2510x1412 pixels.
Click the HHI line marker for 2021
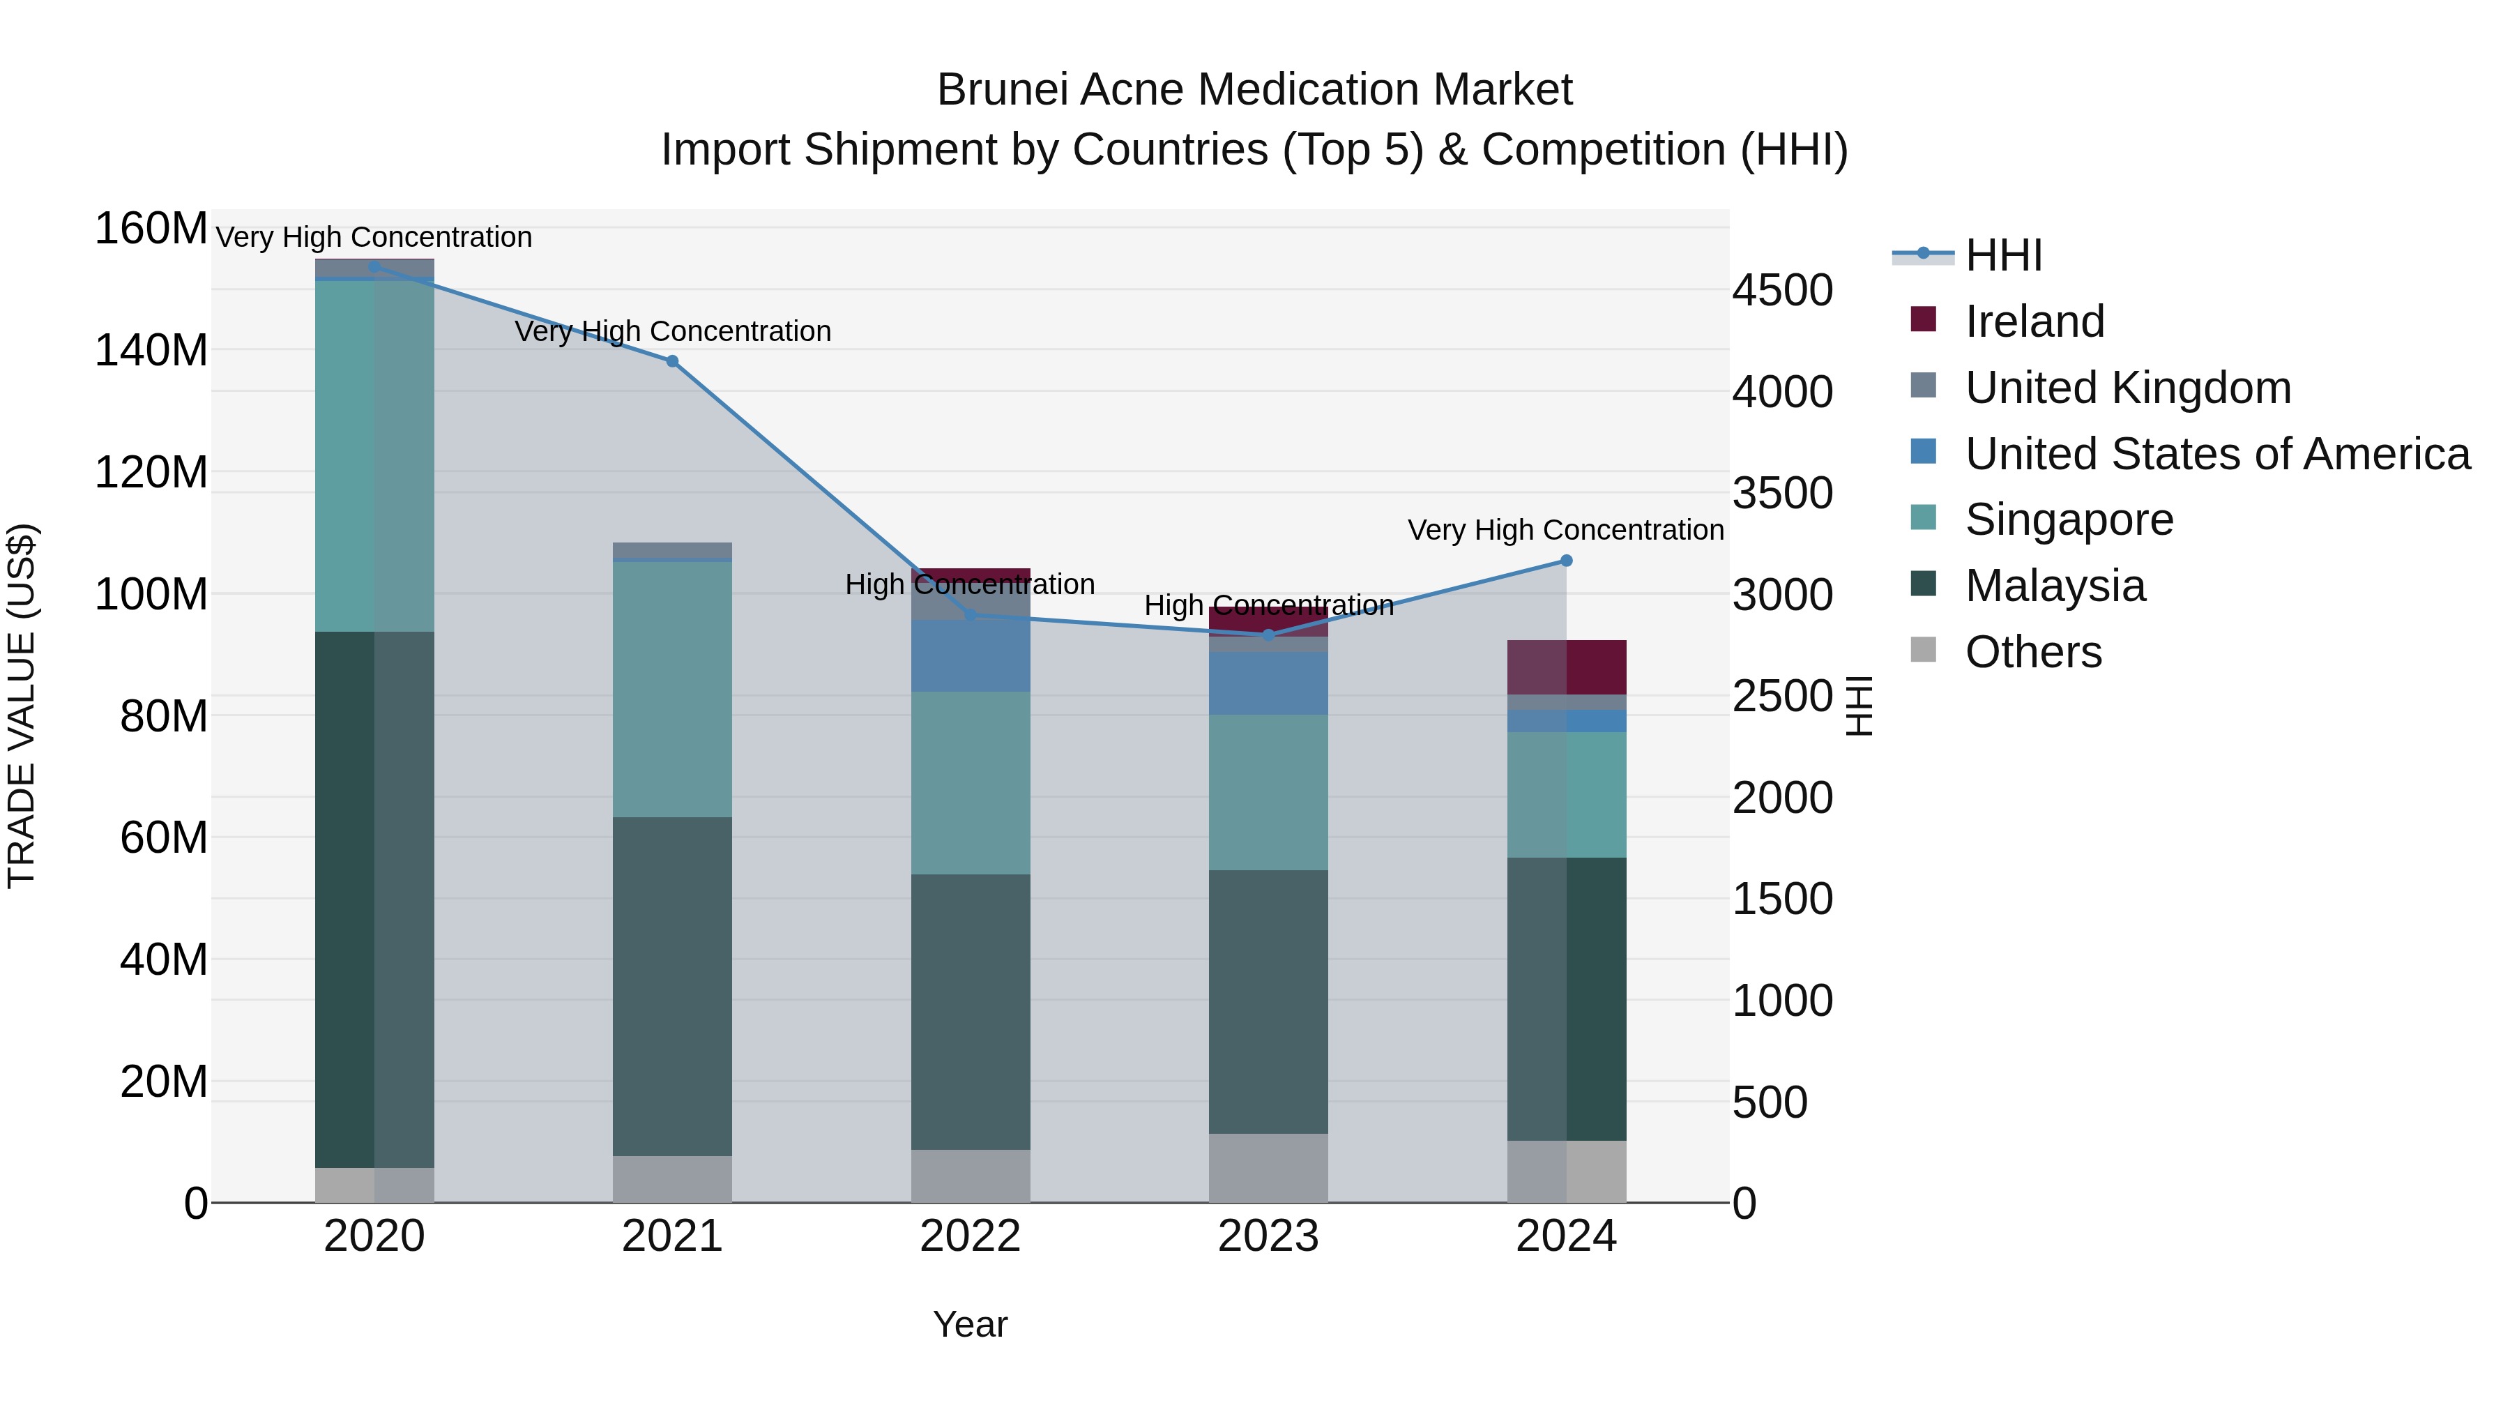671,361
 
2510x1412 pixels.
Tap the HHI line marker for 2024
1566,561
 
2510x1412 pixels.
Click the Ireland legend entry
2034,321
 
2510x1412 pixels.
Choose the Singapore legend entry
2068,519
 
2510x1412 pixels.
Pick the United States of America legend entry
2216,454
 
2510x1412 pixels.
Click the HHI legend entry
2002,255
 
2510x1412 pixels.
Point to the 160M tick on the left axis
151,229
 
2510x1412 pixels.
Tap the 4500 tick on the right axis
1782,290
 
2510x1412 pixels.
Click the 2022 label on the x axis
970,1236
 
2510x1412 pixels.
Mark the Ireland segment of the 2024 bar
1566,667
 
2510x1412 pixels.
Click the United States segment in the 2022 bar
970,656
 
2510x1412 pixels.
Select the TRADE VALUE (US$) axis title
22,706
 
